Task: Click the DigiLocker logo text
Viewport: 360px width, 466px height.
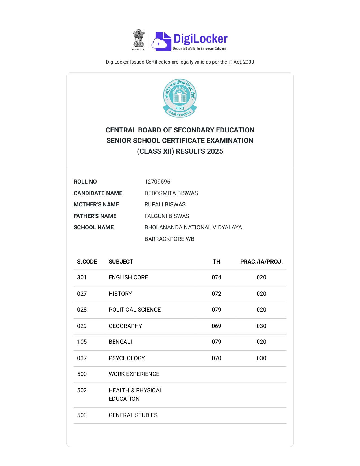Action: point(200,39)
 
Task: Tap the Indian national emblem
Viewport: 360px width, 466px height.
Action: point(139,40)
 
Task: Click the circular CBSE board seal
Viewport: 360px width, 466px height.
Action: point(180,98)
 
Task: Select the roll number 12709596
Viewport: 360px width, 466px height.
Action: point(157,182)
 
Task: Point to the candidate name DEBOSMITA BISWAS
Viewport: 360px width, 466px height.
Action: point(171,193)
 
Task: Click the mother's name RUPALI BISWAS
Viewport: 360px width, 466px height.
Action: point(165,204)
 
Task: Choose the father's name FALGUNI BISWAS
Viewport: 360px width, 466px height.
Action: point(167,216)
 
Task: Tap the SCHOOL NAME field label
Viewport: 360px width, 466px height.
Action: point(93,227)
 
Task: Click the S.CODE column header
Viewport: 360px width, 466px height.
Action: point(87,262)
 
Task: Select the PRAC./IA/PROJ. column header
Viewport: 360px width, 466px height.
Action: point(261,262)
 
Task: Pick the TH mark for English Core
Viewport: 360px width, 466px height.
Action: point(216,277)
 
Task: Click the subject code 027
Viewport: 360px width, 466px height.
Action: point(82,294)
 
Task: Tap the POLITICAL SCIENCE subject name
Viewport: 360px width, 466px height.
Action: point(135,310)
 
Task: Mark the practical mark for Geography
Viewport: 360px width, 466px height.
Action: point(261,326)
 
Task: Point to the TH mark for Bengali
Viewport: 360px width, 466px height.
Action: point(216,342)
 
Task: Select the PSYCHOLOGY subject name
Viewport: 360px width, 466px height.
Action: point(126,358)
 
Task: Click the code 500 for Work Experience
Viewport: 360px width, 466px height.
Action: point(82,374)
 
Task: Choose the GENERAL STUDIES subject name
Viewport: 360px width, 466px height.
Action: point(133,415)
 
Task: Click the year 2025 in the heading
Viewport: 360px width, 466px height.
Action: point(215,151)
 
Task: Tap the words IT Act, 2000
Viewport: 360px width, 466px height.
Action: point(241,62)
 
